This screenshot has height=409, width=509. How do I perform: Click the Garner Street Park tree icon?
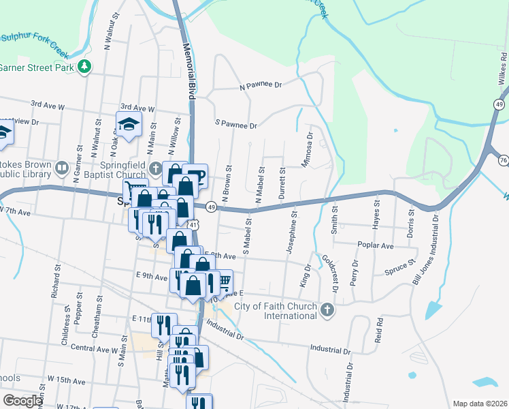pyautogui.click(x=84, y=67)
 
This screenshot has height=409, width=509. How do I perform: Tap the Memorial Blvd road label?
pyautogui.click(x=188, y=72)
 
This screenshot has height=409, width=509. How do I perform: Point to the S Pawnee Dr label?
pyautogui.click(x=235, y=125)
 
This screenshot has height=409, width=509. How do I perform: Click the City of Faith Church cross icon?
pyautogui.click(x=327, y=311)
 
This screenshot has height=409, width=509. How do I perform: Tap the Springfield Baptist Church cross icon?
pyautogui.click(x=156, y=168)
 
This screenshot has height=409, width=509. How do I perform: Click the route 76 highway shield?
pyautogui.click(x=503, y=160)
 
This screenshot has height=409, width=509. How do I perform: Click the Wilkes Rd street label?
pyautogui.click(x=503, y=65)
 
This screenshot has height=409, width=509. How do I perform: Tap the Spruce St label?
pyautogui.click(x=401, y=267)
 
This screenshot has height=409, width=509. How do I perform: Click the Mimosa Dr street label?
pyautogui.click(x=308, y=150)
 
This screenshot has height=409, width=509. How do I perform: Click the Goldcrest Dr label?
pyautogui.click(x=329, y=273)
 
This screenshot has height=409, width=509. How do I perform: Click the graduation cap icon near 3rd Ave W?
pyautogui.click(x=127, y=124)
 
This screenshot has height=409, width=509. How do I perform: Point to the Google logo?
pyautogui.click(x=23, y=401)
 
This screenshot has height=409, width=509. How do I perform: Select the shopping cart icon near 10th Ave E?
pyautogui.click(x=224, y=279)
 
